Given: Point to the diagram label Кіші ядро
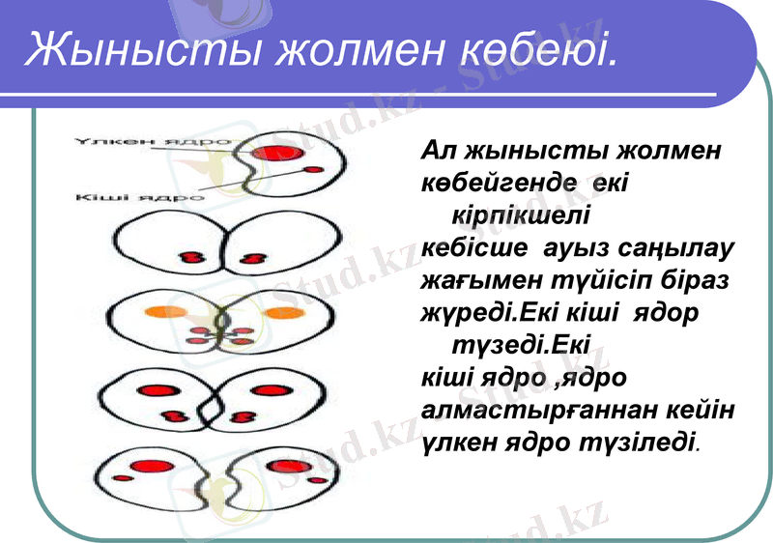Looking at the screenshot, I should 139,196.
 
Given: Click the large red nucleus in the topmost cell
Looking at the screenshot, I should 274,153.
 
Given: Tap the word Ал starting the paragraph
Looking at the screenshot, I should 439,151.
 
